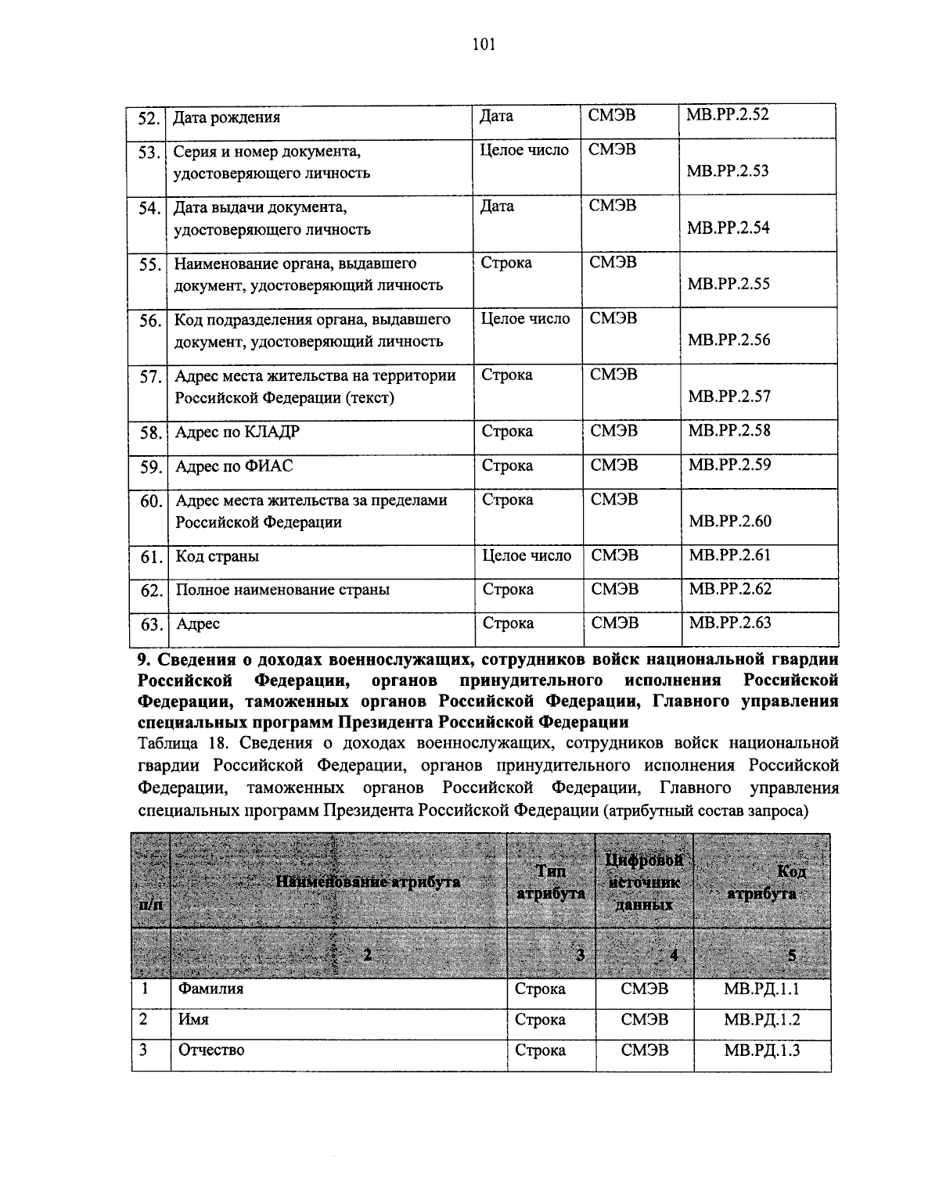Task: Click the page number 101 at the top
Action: (484, 45)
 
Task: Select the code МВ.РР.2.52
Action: (728, 115)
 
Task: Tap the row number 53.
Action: (149, 153)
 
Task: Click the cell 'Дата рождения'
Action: (227, 118)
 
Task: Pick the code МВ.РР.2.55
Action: (729, 284)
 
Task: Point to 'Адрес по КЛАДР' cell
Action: (237, 433)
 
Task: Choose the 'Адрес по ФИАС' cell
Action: (234, 467)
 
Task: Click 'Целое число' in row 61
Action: (527, 556)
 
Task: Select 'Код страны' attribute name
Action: (217, 557)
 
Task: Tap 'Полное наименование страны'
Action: (282, 591)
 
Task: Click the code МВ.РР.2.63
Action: (729, 623)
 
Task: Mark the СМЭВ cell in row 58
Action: (614, 431)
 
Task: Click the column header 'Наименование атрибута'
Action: (368, 882)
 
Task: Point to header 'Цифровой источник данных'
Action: (644, 882)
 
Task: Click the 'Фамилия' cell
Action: (211, 989)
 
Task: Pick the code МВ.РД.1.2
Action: (761, 1020)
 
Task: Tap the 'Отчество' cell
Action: (211, 1050)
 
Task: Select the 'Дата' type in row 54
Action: (497, 207)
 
